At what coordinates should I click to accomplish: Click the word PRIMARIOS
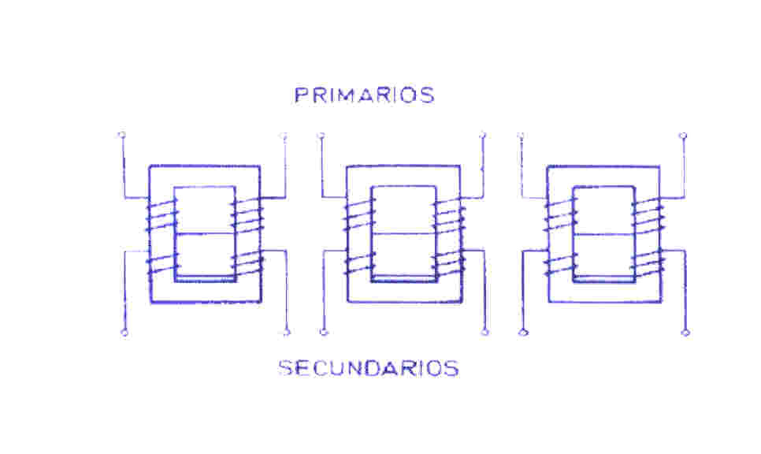364,95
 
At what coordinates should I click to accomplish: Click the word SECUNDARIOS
369,368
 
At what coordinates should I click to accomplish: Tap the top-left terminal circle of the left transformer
121,135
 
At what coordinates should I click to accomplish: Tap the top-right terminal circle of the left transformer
284,136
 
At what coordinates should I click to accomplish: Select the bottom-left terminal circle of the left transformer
124,333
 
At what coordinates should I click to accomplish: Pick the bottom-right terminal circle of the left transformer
287,333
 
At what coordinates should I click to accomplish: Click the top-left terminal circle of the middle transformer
321,136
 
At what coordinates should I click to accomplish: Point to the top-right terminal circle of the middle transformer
483,136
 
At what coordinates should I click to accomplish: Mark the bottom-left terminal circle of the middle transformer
322,333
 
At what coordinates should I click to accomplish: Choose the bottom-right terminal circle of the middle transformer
485,333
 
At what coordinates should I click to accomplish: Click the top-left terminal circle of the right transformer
521,136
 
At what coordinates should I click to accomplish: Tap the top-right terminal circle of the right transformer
683,136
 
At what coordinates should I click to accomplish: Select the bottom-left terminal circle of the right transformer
522,333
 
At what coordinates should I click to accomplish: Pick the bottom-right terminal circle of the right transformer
685,333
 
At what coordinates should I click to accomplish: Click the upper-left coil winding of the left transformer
160,214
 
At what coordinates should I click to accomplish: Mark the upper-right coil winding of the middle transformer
447,214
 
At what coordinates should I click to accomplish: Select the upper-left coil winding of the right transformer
559,214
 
